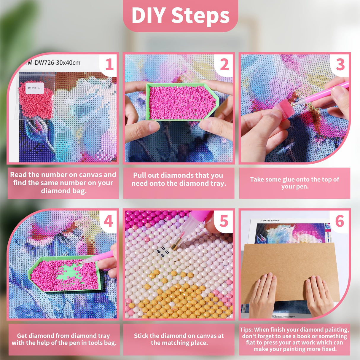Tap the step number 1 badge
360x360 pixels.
[109, 65]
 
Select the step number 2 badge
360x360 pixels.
[224, 65]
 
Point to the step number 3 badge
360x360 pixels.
[340, 65]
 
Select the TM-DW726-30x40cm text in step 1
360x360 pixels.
[53, 63]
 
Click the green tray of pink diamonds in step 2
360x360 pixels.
[182, 102]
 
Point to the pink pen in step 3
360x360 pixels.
[321, 93]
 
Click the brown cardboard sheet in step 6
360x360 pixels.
[289, 273]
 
